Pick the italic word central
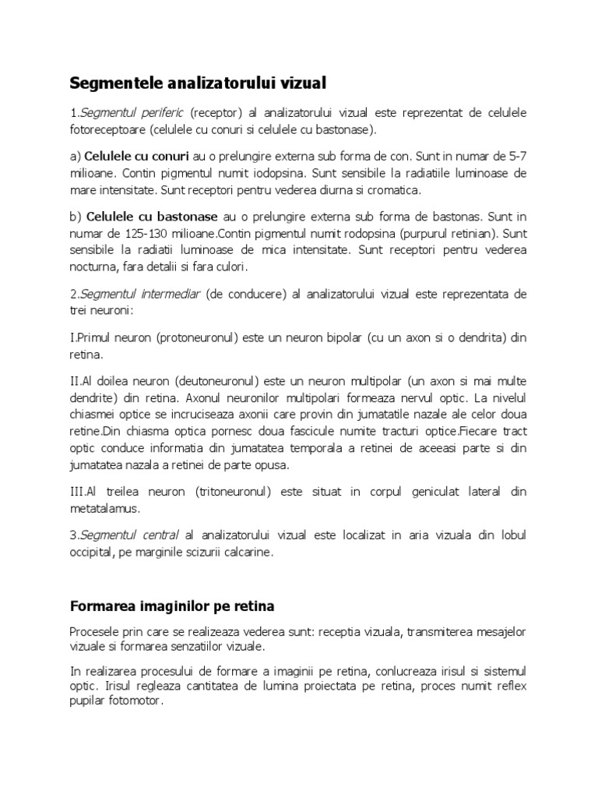click(154, 535)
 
